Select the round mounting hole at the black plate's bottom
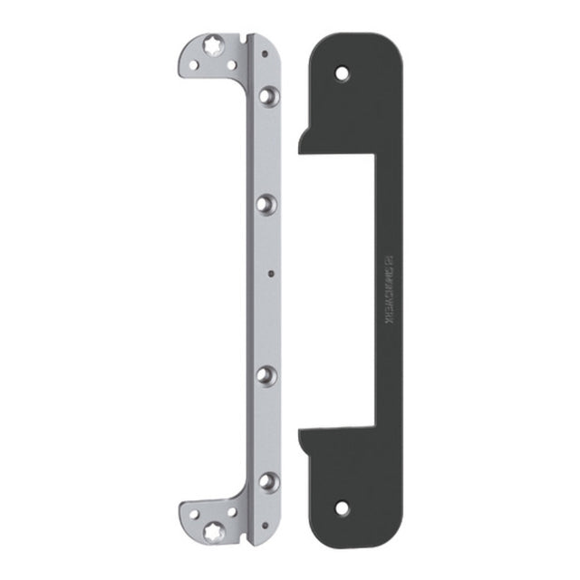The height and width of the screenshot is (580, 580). click(343, 507)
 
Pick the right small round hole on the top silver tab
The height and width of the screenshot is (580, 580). click(235, 65)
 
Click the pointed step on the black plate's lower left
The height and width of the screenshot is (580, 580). click(300, 437)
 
